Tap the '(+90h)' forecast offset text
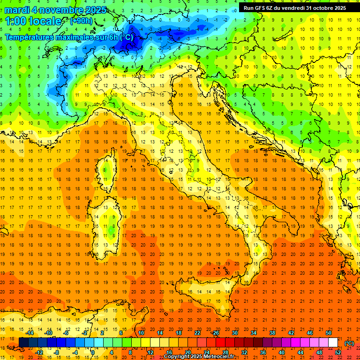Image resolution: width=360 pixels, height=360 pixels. coord(81,21)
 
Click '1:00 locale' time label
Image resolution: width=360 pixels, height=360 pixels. coord(33,21)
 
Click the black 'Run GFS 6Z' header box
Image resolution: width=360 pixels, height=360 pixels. coord(295,8)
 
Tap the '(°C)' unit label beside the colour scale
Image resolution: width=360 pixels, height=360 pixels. coord(349,343)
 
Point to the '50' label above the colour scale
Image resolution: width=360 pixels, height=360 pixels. coord(329,333)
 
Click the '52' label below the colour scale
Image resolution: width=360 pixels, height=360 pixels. coord(338,352)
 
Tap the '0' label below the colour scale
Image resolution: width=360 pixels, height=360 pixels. coord(93,352)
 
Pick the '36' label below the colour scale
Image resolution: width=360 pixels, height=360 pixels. coord(262,352)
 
